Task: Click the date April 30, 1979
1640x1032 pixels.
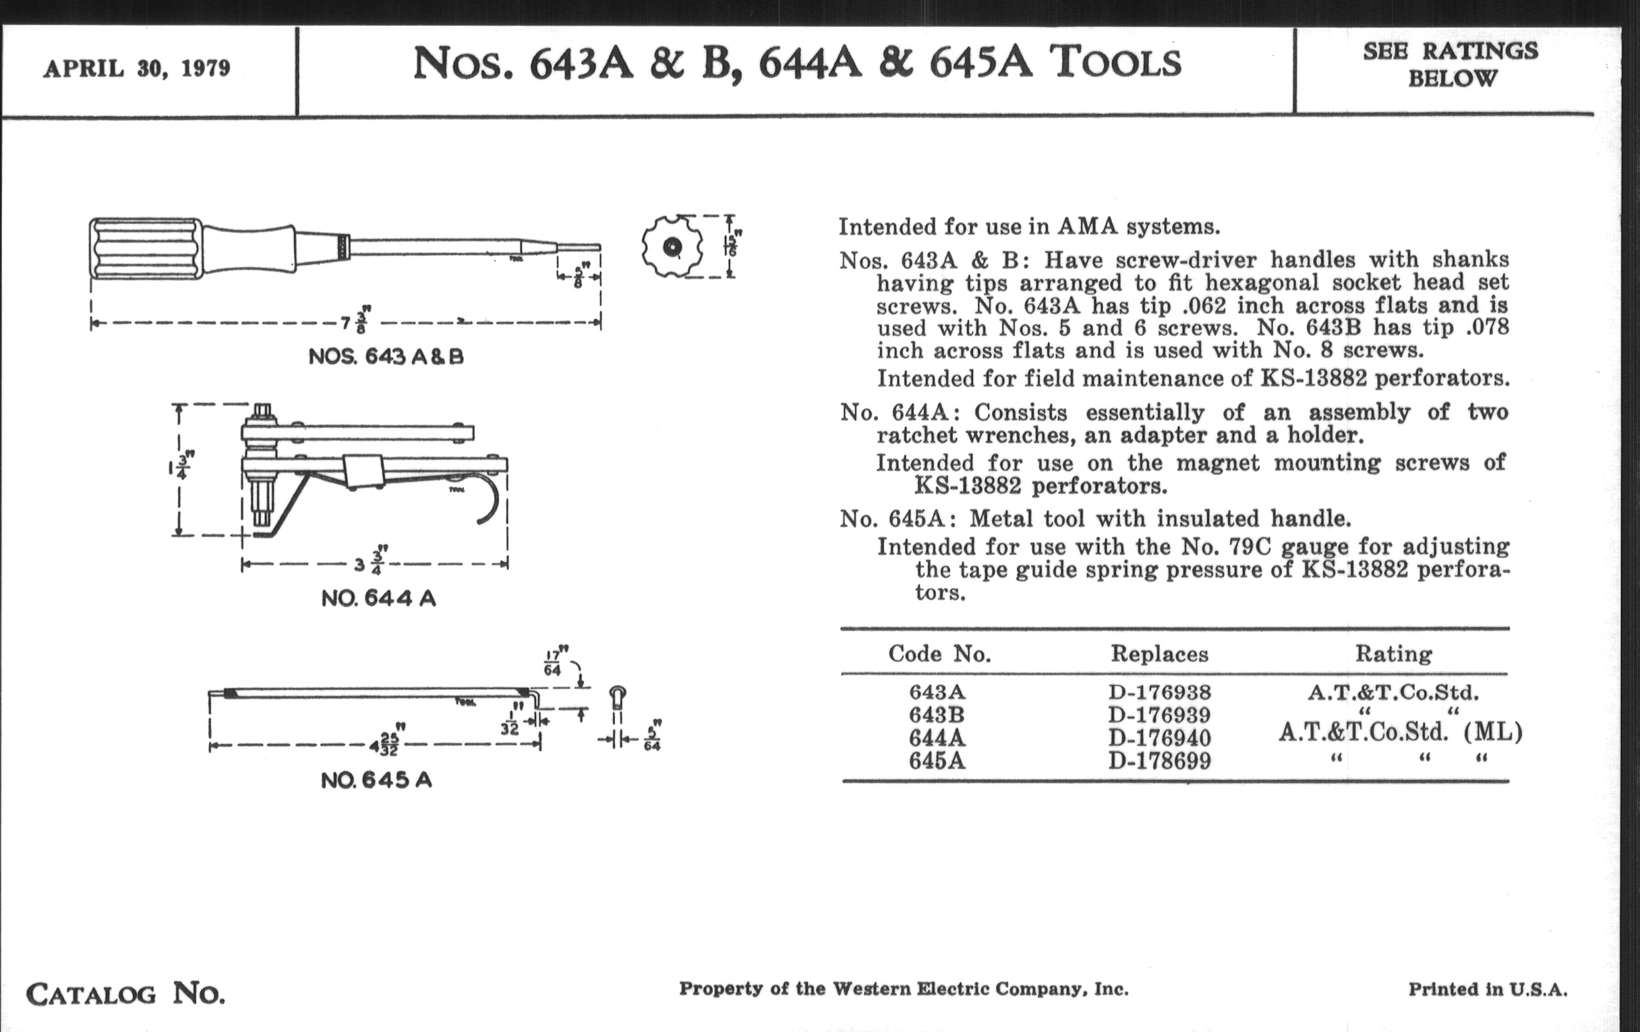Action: click(137, 69)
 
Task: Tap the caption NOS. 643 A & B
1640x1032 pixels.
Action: click(386, 357)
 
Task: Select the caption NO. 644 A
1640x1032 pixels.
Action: click(378, 599)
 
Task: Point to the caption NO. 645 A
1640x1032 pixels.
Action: click(376, 780)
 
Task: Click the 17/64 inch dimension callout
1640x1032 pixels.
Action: click(553, 663)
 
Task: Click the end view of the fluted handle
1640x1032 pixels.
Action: click(672, 247)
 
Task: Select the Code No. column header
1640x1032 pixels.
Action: click(939, 654)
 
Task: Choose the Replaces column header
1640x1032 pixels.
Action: click(1159, 654)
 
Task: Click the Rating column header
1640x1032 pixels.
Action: click(1393, 654)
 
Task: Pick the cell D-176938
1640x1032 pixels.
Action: click(1159, 693)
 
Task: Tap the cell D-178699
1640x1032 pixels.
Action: click(1159, 760)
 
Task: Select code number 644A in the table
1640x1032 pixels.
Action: click(937, 738)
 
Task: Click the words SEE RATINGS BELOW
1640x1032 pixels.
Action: click(1450, 65)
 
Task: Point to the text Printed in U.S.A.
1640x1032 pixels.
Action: click(1488, 989)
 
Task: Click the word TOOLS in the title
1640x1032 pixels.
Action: click(1114, 63)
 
